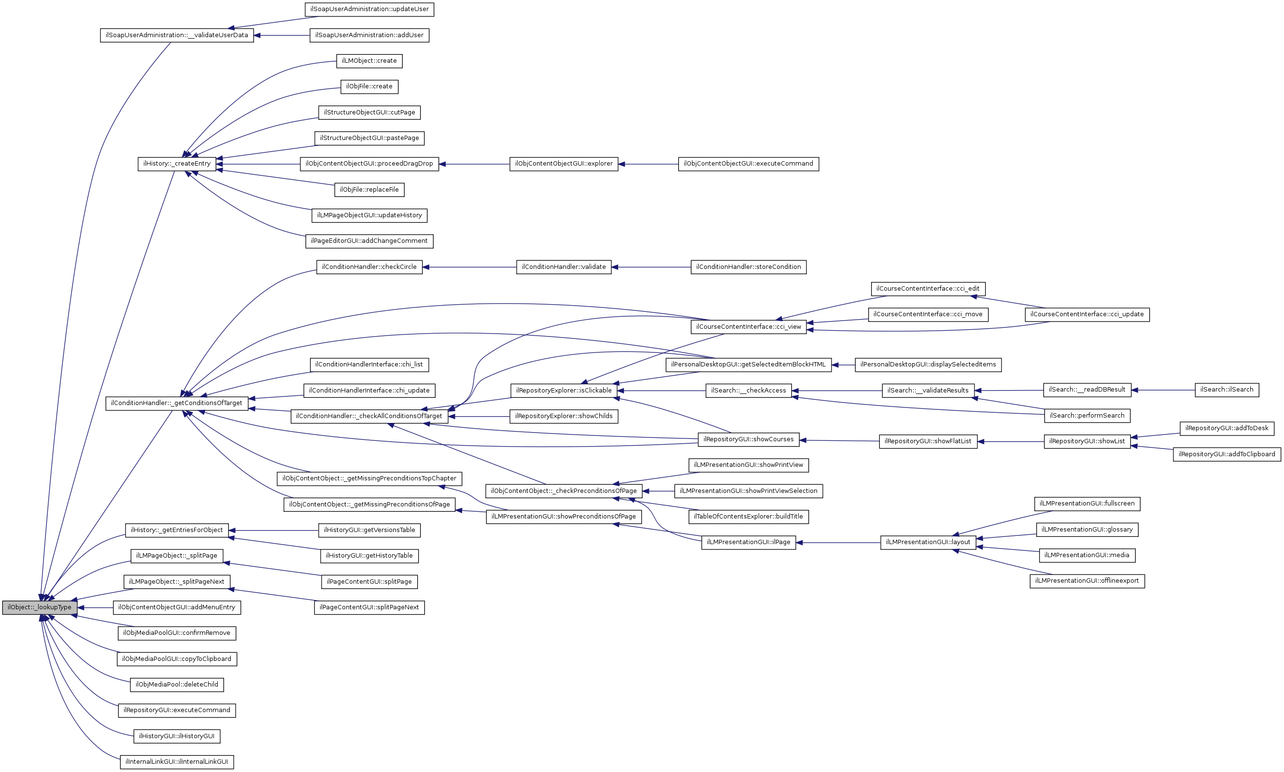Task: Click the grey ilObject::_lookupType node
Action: (x=40, y=607)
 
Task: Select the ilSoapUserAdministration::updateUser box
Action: (x=369, y=9)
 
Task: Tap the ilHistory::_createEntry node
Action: (x=176, y=164)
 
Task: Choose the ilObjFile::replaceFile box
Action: (x=369, y=190)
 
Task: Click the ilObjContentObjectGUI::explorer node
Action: (x=564, y=164)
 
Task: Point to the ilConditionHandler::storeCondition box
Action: (x=748, y=267)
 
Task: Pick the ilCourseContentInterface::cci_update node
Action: (x=1087, y=314)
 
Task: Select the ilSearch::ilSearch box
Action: (x=1226, y=390)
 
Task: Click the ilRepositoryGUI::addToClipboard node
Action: (x=1226, y=454)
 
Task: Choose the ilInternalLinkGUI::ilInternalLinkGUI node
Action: (x=176, y=761)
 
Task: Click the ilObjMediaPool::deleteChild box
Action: (x=176, y=685)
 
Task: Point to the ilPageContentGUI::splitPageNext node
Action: (x=369, y=607)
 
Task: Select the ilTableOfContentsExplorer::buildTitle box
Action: (x=748, y=517)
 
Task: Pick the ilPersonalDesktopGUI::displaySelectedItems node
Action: (x=928, y=365)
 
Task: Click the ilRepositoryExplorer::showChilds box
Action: (x=564, y=416)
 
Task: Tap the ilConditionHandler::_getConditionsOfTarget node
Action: (x=176, y=403)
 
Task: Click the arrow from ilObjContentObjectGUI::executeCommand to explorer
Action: (x=648, y=164)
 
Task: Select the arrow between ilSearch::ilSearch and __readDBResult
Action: (x=1163, y=390)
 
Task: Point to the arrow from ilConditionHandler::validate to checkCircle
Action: (x=469, y=267)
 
